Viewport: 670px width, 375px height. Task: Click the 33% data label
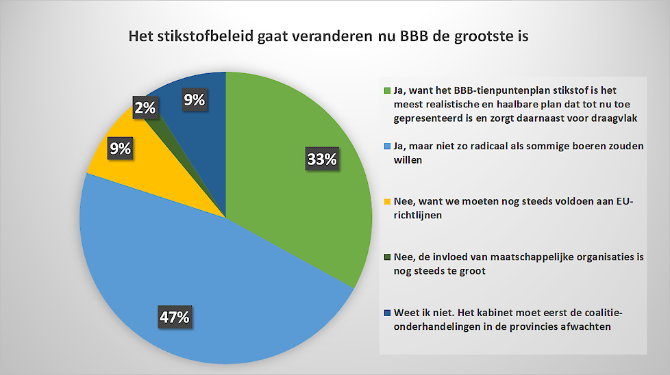tap(322, 159)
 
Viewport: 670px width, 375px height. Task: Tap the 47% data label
tap(174, 317)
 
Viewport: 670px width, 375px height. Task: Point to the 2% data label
tap(145, 107)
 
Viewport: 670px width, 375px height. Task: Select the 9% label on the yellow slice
tap(120, 148)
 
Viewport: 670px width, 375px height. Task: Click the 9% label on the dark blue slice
tap(195, 99)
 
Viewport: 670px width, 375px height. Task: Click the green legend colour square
tap(388, 90)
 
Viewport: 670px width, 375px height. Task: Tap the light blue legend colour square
tap(388, 146)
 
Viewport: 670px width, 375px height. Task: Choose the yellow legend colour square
tap(388, 201)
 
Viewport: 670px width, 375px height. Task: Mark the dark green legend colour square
tap(388, 257)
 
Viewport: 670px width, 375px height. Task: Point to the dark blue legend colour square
tap(388, 313)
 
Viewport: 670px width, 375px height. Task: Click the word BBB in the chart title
tap(414, 36)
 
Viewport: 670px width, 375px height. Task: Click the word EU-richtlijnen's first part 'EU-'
tap(625, 201)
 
